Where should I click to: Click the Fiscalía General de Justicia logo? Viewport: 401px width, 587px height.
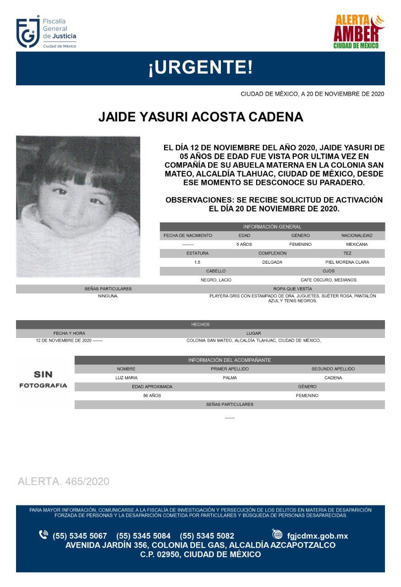pyautogui.click(x=46, y=33)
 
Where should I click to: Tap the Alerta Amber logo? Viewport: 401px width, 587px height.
pyautogui.click(x=358, y=31)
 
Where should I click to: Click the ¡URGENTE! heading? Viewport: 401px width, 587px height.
pyautogui.click(x=200, y=68)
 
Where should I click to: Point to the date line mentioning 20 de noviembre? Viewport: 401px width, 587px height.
pyautogui.click(x=312, y=94)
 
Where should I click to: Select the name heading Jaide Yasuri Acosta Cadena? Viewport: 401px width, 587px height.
pyautogui.click(x=200, y=117)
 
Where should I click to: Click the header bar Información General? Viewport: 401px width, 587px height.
pyautogui.click(x=272, y=227)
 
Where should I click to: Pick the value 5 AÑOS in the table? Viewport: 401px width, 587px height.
pyautogui.click(x=244, y=244)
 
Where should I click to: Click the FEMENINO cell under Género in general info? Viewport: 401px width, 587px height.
pyautogui.click(x=300, y=244)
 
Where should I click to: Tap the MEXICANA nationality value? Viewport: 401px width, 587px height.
pyautogui.click(x=357, y=244)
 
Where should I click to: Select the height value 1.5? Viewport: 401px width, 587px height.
pyautogui.click(x=197, y=262)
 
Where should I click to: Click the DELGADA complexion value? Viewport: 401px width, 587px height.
pyautogui.click(x=272, y=262)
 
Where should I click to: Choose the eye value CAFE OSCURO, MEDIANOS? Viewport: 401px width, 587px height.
pyautogui.click(x=328, y=280)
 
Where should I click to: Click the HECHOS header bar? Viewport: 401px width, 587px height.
pyautogui.click(x=200, y=325)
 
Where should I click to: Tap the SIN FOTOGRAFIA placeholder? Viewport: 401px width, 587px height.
pyautogui.click(x=43, y=380)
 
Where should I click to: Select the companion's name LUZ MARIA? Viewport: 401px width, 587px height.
pyautogui.click(x=126, y=378)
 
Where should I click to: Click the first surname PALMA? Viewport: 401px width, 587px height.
pyautogui.click(x=230, y=378)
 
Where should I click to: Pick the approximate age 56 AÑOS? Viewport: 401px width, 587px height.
pyautogui.click(x=152, y=395)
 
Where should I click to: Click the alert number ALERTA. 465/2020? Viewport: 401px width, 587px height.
pyautogui.click(x=63, y=482)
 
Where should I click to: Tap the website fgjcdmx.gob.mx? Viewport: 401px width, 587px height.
pyautogui.click(x=317, y=536)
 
